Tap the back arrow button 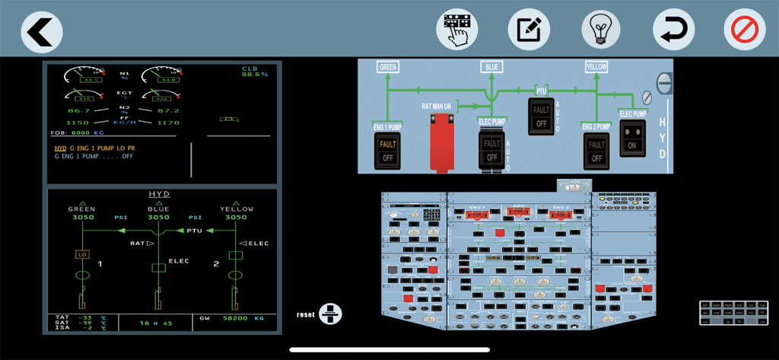tap(41, 31)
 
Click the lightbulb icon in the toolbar tap(601, 30)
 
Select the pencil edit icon tap(529, 30)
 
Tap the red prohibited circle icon tap(744, 30)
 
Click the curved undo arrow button tap(673, 30)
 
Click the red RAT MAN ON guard tap(440, 142)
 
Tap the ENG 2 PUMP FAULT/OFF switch tap(596, 150)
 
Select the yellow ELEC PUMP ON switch tap(632, 138)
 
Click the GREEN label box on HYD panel tap(388, 67)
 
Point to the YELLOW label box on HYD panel tap(596, 67)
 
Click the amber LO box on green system tap(83, 254)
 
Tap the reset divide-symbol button tap(330, 313)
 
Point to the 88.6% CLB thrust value tap(255, 75)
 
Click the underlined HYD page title tap(158, 194)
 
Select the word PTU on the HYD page tap(195, 230)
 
